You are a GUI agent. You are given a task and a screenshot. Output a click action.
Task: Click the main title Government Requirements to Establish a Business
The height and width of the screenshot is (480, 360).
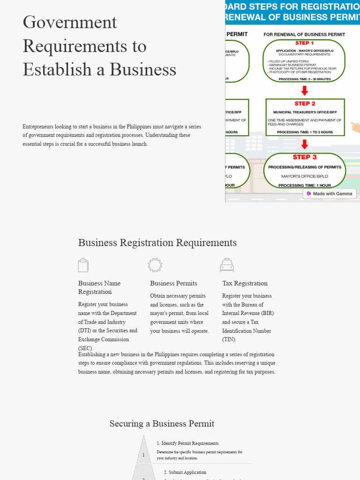(x=99, y=46)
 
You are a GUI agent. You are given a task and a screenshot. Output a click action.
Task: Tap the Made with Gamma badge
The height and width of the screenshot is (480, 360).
(x=330, y=194)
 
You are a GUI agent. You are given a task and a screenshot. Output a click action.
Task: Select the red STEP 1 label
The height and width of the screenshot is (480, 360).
(x=305, y=43)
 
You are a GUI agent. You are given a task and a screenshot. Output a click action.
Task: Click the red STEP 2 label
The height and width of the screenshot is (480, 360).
(x=305, y=104)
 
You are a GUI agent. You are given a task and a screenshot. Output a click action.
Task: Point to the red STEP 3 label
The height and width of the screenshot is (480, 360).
(x=305, y=157)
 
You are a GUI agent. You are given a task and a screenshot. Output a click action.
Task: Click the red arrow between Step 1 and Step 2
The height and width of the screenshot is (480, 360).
(x=305, y=90)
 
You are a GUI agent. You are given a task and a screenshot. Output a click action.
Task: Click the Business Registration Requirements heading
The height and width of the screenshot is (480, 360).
(x=157, y=243)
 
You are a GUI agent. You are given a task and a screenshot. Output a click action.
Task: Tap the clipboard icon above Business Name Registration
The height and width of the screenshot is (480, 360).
(x=83, y=265)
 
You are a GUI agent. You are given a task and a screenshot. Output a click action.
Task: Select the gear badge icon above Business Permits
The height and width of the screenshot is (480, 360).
(x=155, y=265)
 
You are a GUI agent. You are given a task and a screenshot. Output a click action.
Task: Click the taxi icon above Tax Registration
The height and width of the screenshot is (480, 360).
(x=227, y=265)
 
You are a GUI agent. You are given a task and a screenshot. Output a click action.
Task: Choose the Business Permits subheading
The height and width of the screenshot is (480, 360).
(x=173, y=283)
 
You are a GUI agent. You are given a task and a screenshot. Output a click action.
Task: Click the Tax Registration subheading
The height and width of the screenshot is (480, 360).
(x=245, y=283)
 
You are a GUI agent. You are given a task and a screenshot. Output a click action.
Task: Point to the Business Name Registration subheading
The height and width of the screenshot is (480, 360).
(x=99, y=287)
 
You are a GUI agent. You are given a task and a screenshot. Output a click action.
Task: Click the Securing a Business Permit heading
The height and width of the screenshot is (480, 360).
(x=162, y=424)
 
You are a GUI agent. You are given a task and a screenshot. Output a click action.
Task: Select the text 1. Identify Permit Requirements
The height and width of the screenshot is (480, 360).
(x=187, y=443)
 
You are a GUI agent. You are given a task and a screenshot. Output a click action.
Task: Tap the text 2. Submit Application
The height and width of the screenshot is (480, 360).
(x=185, y=472)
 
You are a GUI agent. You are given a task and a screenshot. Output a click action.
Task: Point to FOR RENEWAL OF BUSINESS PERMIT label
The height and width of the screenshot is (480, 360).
(x=304, y=34)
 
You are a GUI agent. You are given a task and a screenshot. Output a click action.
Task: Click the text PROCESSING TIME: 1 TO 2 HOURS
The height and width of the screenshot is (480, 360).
(x=305, y=132)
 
